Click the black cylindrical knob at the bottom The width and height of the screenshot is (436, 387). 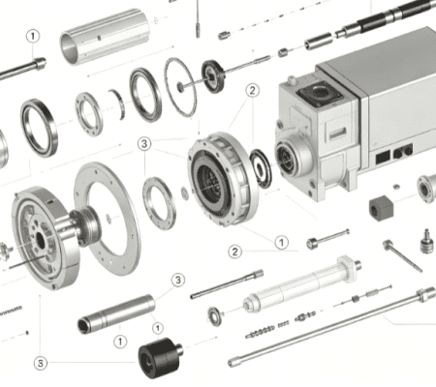pos(160,357)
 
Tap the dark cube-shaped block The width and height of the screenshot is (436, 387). pos(381,208)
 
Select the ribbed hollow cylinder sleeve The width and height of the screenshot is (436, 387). pos(105,37)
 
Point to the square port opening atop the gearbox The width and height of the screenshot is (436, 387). pos(321,93)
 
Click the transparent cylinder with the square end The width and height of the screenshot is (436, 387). pos(302,284)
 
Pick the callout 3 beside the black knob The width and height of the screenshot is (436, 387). pos(41,363)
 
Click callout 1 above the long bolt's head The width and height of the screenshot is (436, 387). pos(33,36)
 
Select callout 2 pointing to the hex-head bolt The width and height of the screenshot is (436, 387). pos(235,252)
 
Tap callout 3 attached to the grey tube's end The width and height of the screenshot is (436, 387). pos(178,280)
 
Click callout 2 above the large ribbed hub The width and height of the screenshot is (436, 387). pos(253,90)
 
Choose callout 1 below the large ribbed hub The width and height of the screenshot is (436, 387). pos(282,242)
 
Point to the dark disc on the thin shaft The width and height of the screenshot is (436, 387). pos(213,76)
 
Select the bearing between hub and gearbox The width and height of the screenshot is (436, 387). pos(261,168)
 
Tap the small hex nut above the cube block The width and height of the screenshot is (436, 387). pos(396,186)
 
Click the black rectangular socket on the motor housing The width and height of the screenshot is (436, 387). pos(383,158)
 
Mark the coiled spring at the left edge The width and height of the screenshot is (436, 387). pos(11,311)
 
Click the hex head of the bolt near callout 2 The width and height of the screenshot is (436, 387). pos(312,243)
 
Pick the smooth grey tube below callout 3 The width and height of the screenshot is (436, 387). pos(116,313)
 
